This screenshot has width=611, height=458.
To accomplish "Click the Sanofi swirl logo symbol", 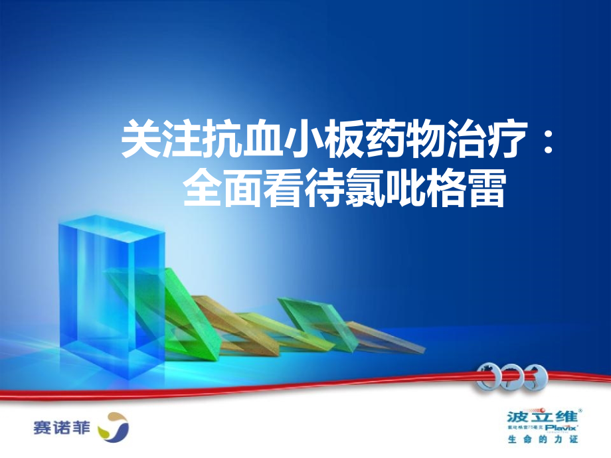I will click(x=114, y=426).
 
